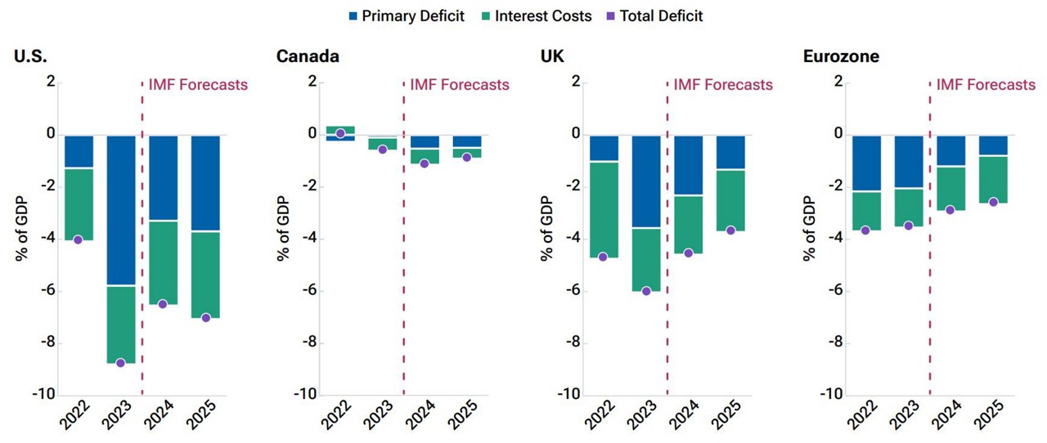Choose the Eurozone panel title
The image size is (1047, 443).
pos(842,56)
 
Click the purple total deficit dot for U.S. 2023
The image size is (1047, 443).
pos(121,363)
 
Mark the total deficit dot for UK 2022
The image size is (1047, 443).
pos(604,257)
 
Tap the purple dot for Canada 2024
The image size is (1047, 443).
pos(425,163)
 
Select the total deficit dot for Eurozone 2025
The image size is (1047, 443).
pos(993,202)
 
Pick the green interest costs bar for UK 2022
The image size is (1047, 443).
pos(604,209)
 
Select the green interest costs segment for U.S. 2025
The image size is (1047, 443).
pos(205,275)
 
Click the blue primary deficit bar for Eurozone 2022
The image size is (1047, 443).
pos(866,163)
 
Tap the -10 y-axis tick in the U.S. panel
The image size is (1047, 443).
pos(44,395)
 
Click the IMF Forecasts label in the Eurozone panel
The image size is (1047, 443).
pos(986,85)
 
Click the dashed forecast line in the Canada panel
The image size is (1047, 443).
pos(404,245)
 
